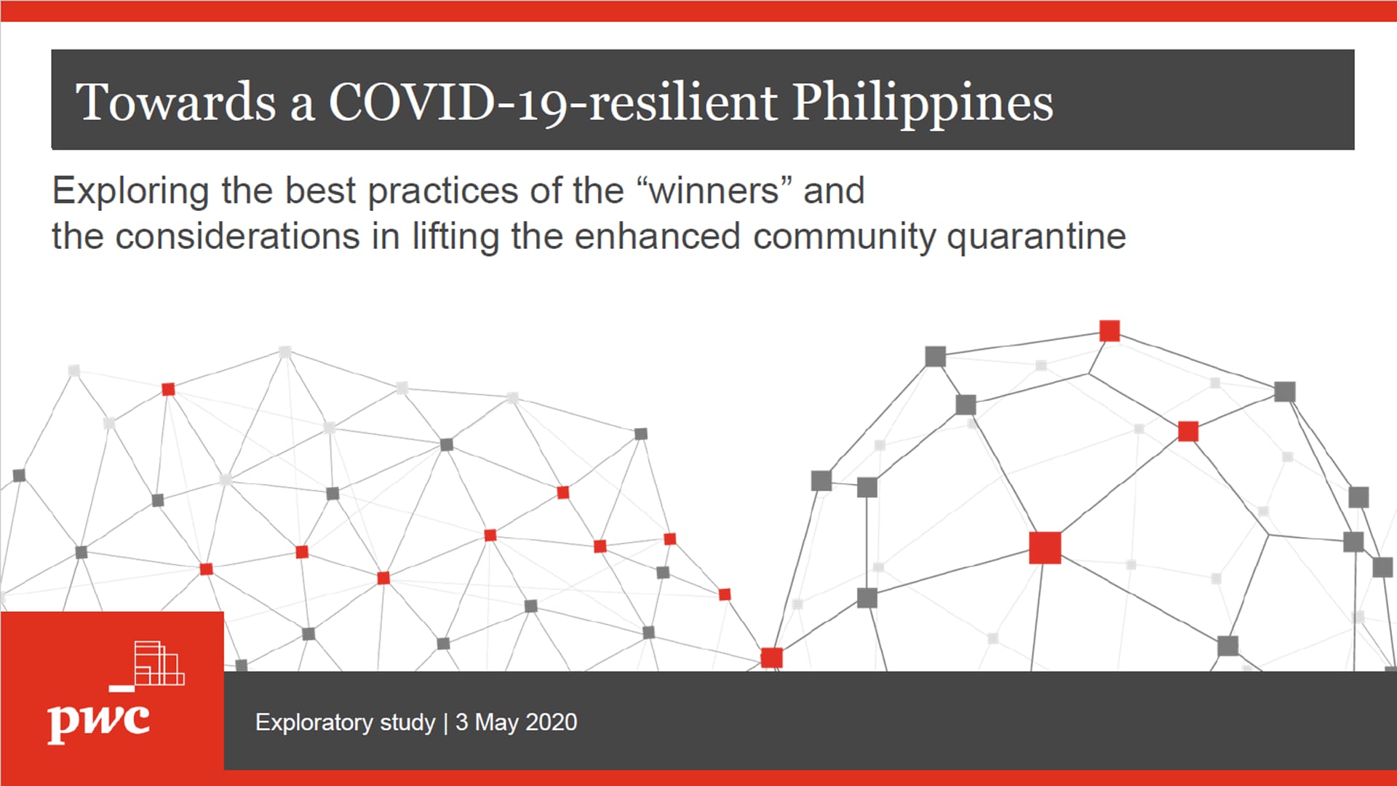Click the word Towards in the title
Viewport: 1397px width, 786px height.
tap(175, 101)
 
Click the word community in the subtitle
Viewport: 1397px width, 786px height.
tap(843, 237)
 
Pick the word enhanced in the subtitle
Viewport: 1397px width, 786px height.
tap(657, 236)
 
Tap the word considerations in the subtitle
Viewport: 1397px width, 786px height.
tap(237, 236)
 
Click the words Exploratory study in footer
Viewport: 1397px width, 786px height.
tap(345, 723)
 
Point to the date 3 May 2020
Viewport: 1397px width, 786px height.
tap(516, 722)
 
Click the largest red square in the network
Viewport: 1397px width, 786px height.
tap(1045, 547)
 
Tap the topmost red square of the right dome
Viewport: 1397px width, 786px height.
tap(1110, 330)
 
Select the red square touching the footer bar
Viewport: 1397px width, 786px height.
tap(771, 658)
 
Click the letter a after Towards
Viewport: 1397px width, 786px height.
tap(302, 108)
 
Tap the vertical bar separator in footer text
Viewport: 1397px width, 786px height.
tap(445, 723)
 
